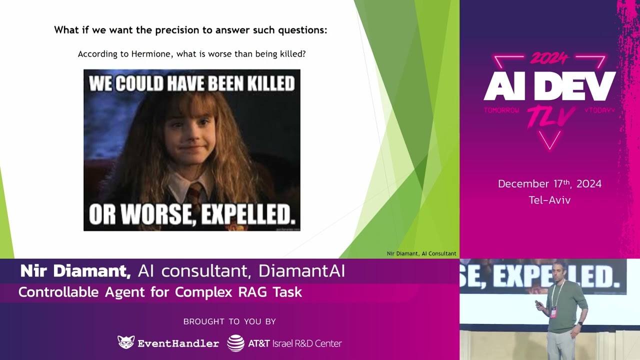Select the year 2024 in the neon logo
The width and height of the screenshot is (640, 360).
pos(549,59)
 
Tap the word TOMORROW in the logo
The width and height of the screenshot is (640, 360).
pos(501,110)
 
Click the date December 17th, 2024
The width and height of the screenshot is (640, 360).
pos(549,184)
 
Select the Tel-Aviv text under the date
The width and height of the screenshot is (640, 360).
pos(549,200)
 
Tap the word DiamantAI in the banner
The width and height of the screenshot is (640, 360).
pos(301,271)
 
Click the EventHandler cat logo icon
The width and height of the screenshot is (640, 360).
pos(126,342)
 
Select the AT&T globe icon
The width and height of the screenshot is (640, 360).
pos(235,343)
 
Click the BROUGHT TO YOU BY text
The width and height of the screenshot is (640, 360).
pos(229,321)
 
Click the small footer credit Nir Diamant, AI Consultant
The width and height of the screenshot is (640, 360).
pos(421,253)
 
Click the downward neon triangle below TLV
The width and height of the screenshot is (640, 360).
pos(550,142)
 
